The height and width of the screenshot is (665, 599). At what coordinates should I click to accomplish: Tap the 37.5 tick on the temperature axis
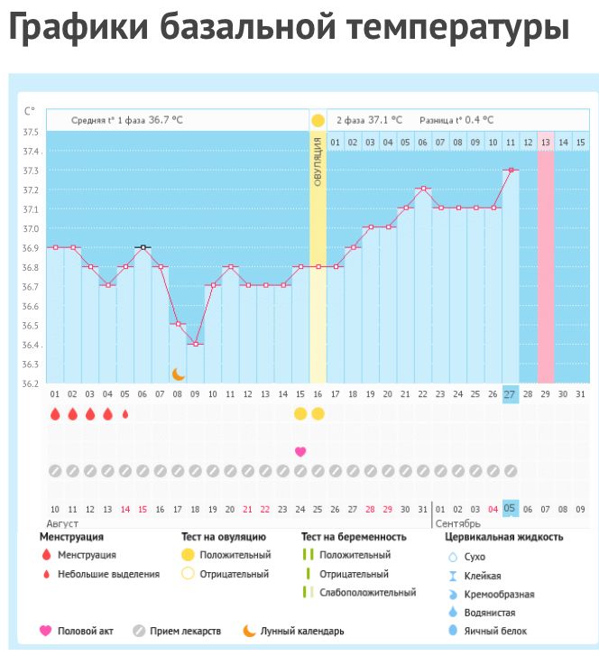tap(30, 133)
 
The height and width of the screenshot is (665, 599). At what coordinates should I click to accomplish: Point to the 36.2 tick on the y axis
tap(30, 383)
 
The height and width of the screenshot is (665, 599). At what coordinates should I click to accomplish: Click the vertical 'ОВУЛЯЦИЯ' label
tap(318, 163)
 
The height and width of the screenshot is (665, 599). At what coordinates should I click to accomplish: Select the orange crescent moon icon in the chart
tap(179, 374)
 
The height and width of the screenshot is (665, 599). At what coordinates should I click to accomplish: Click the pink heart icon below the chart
tap(300, 451)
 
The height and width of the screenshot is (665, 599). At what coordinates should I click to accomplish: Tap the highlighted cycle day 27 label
tap(510, 394)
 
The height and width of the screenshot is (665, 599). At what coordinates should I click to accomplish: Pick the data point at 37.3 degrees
tap(510, 170)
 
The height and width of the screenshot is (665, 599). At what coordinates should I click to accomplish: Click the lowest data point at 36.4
tap(195, 344)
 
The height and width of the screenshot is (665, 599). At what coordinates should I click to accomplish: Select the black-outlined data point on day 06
tap(143, 246)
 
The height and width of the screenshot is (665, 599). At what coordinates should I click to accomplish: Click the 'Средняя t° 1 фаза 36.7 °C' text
tap(128, 119)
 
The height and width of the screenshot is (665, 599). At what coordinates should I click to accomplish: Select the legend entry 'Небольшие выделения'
tap(107, 574)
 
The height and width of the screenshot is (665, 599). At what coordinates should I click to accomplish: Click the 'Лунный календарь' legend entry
tap(301, 632)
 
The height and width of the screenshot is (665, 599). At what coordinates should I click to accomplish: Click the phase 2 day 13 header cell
tap(545, 142)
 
